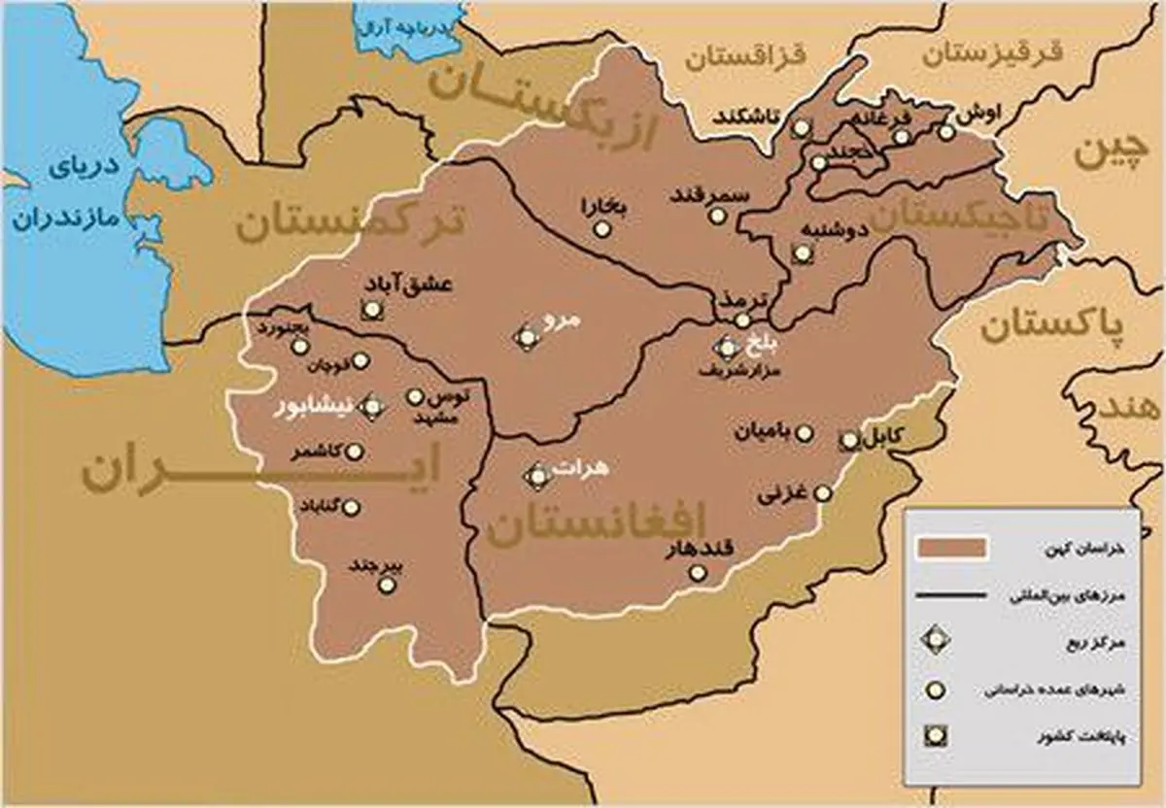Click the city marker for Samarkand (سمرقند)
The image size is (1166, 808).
pos(717,216)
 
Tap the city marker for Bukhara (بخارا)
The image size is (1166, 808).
pos(602,229)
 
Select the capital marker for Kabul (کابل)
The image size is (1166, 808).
pos(849,440)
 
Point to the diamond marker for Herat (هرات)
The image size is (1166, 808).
pos(537,477)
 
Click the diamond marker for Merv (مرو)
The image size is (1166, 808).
pos(526,337)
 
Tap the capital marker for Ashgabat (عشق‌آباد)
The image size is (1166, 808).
pos(370,311)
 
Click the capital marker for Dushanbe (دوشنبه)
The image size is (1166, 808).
pos(802,253)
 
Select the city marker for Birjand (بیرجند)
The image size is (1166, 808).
pos(387,584)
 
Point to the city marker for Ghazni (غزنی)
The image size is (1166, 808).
pos(823,493)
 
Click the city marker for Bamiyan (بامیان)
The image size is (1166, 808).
pos(803,433)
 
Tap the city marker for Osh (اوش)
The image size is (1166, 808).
pos(946,132)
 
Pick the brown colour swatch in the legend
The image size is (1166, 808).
pos(952,548)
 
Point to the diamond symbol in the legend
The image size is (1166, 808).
pos(936,641)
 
